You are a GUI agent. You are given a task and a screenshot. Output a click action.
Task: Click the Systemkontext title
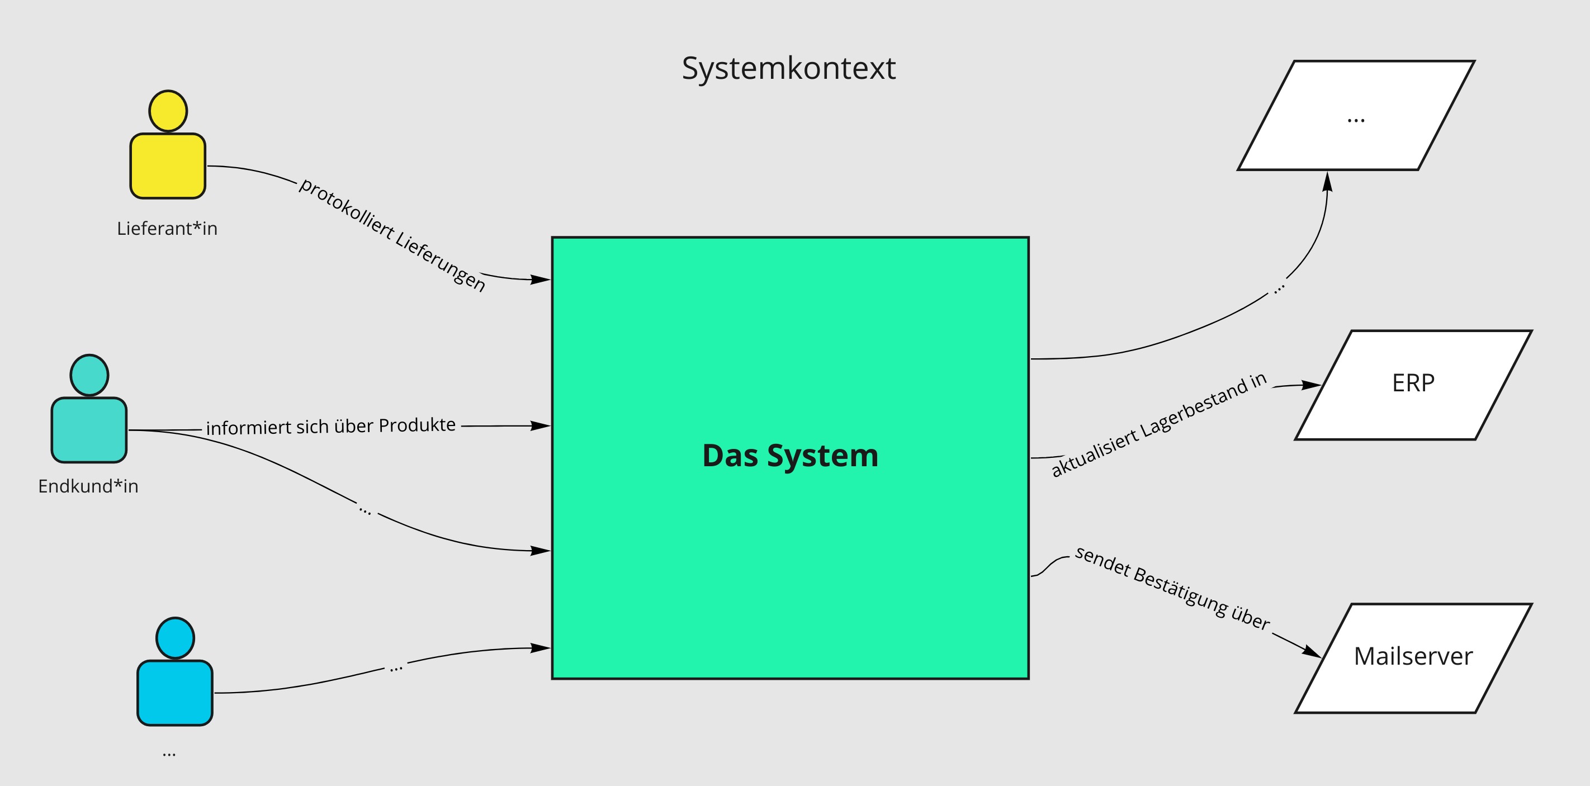click(788, 68)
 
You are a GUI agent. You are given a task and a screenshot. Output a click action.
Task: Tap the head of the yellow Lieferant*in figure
click(168, 111)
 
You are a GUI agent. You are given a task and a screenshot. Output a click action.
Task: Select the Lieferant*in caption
click(167, 228)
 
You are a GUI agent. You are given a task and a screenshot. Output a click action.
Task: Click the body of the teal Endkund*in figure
click(89, 430)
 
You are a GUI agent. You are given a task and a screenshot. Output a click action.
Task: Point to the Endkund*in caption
click(88, 486)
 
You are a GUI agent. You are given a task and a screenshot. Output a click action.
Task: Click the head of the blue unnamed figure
click(176, 638)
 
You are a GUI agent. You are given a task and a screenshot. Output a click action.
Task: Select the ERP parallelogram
click(1413, 385)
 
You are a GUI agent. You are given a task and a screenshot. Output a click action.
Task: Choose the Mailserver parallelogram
click(1413, 657)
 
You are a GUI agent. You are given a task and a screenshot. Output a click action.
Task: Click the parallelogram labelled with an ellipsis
click(1356, 115)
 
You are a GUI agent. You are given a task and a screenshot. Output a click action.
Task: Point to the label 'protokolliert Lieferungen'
click(392, 235)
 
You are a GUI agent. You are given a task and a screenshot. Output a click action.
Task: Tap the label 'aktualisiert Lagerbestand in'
click(1158, 424)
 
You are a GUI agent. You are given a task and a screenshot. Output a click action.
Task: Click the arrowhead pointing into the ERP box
click(1312, 385)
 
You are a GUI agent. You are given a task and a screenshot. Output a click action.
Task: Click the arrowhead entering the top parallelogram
click(1328, 182)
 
